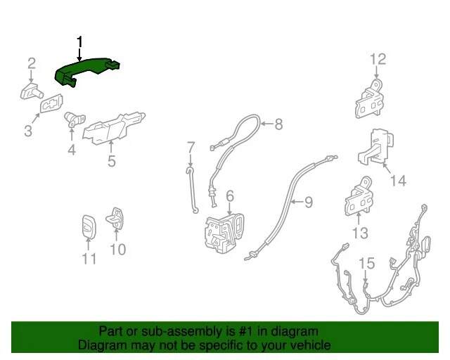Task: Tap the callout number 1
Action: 79,42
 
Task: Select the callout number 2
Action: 32,64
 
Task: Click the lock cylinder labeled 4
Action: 71,119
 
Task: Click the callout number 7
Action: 190,147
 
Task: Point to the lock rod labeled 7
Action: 192,190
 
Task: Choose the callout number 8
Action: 278,125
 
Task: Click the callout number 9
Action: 307,203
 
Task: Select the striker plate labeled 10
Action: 117,219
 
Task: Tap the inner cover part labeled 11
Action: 88,226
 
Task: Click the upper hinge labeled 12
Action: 371,99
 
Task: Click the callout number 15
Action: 367,264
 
